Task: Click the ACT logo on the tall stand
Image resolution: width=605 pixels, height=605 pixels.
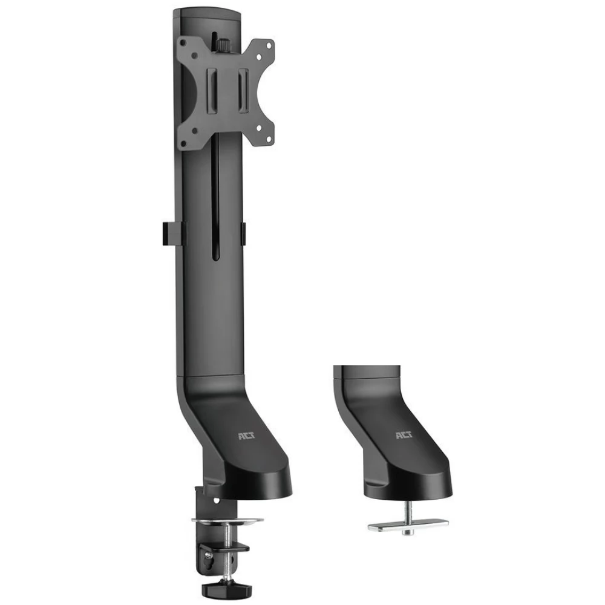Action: tap(244, 436)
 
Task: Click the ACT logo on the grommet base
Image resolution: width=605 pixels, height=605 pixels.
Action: tap(404, 435)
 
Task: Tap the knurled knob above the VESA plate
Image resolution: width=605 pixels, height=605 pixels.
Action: tap(221, 45)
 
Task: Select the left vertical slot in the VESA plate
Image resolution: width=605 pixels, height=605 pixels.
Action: tap(212, 91)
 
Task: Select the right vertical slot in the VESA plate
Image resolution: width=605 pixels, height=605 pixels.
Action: tap(243, 91)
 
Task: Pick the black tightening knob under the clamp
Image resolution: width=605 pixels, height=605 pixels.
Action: tap(227, 589)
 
